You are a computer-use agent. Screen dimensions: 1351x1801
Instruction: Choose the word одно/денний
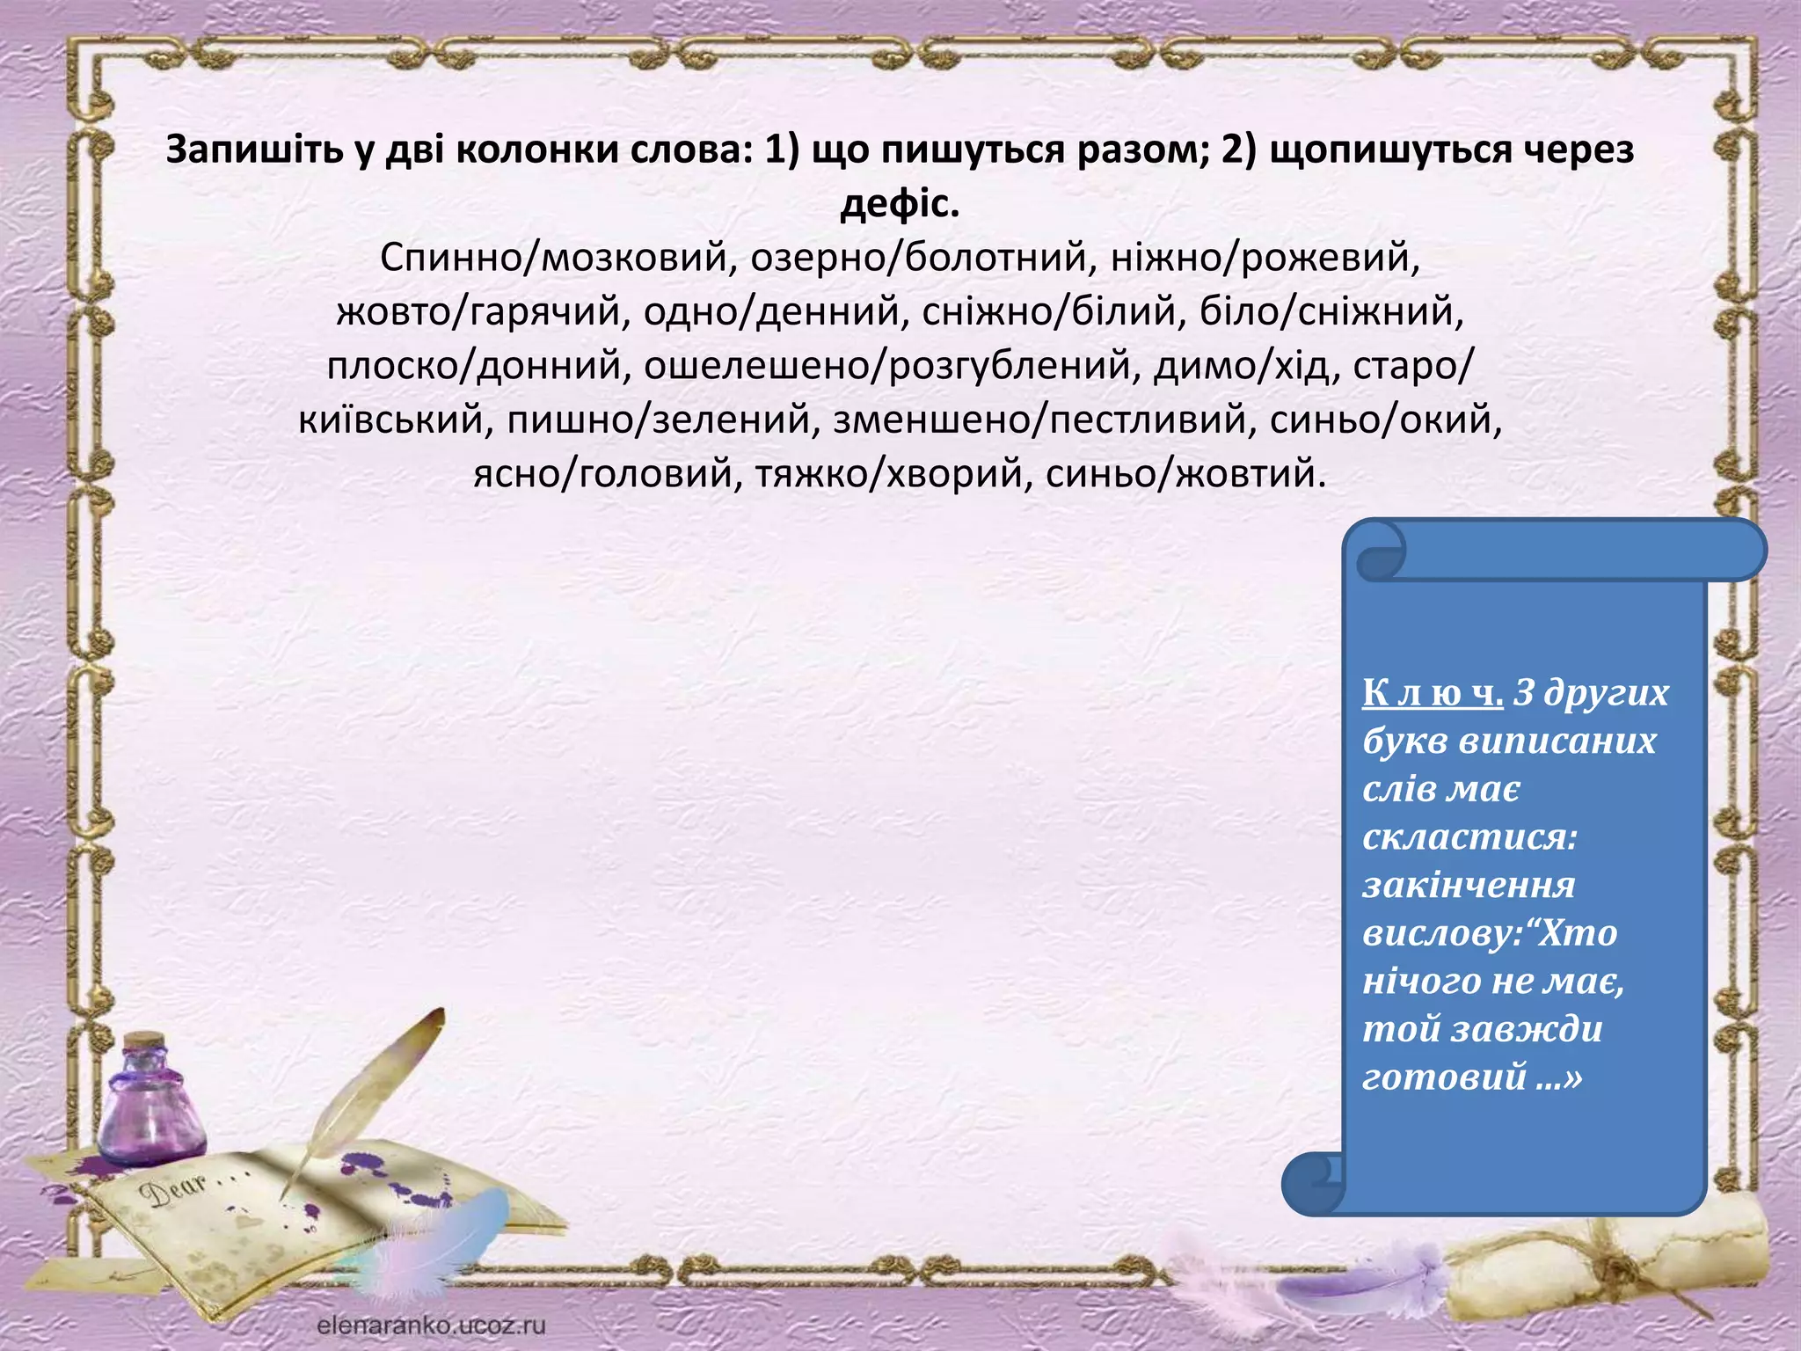tap(775, 312)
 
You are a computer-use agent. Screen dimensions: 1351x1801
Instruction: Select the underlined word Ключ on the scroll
tap(1432, 693)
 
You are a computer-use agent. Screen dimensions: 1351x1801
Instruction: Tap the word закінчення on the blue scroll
tap(1468, 885)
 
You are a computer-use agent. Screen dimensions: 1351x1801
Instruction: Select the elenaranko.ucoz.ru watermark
tap(431, 1325)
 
